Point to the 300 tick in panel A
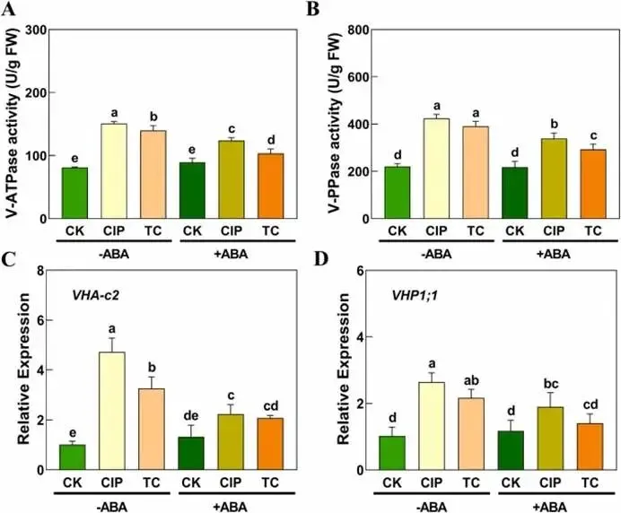tap(34, 30)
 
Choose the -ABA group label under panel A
tap(112, 255)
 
